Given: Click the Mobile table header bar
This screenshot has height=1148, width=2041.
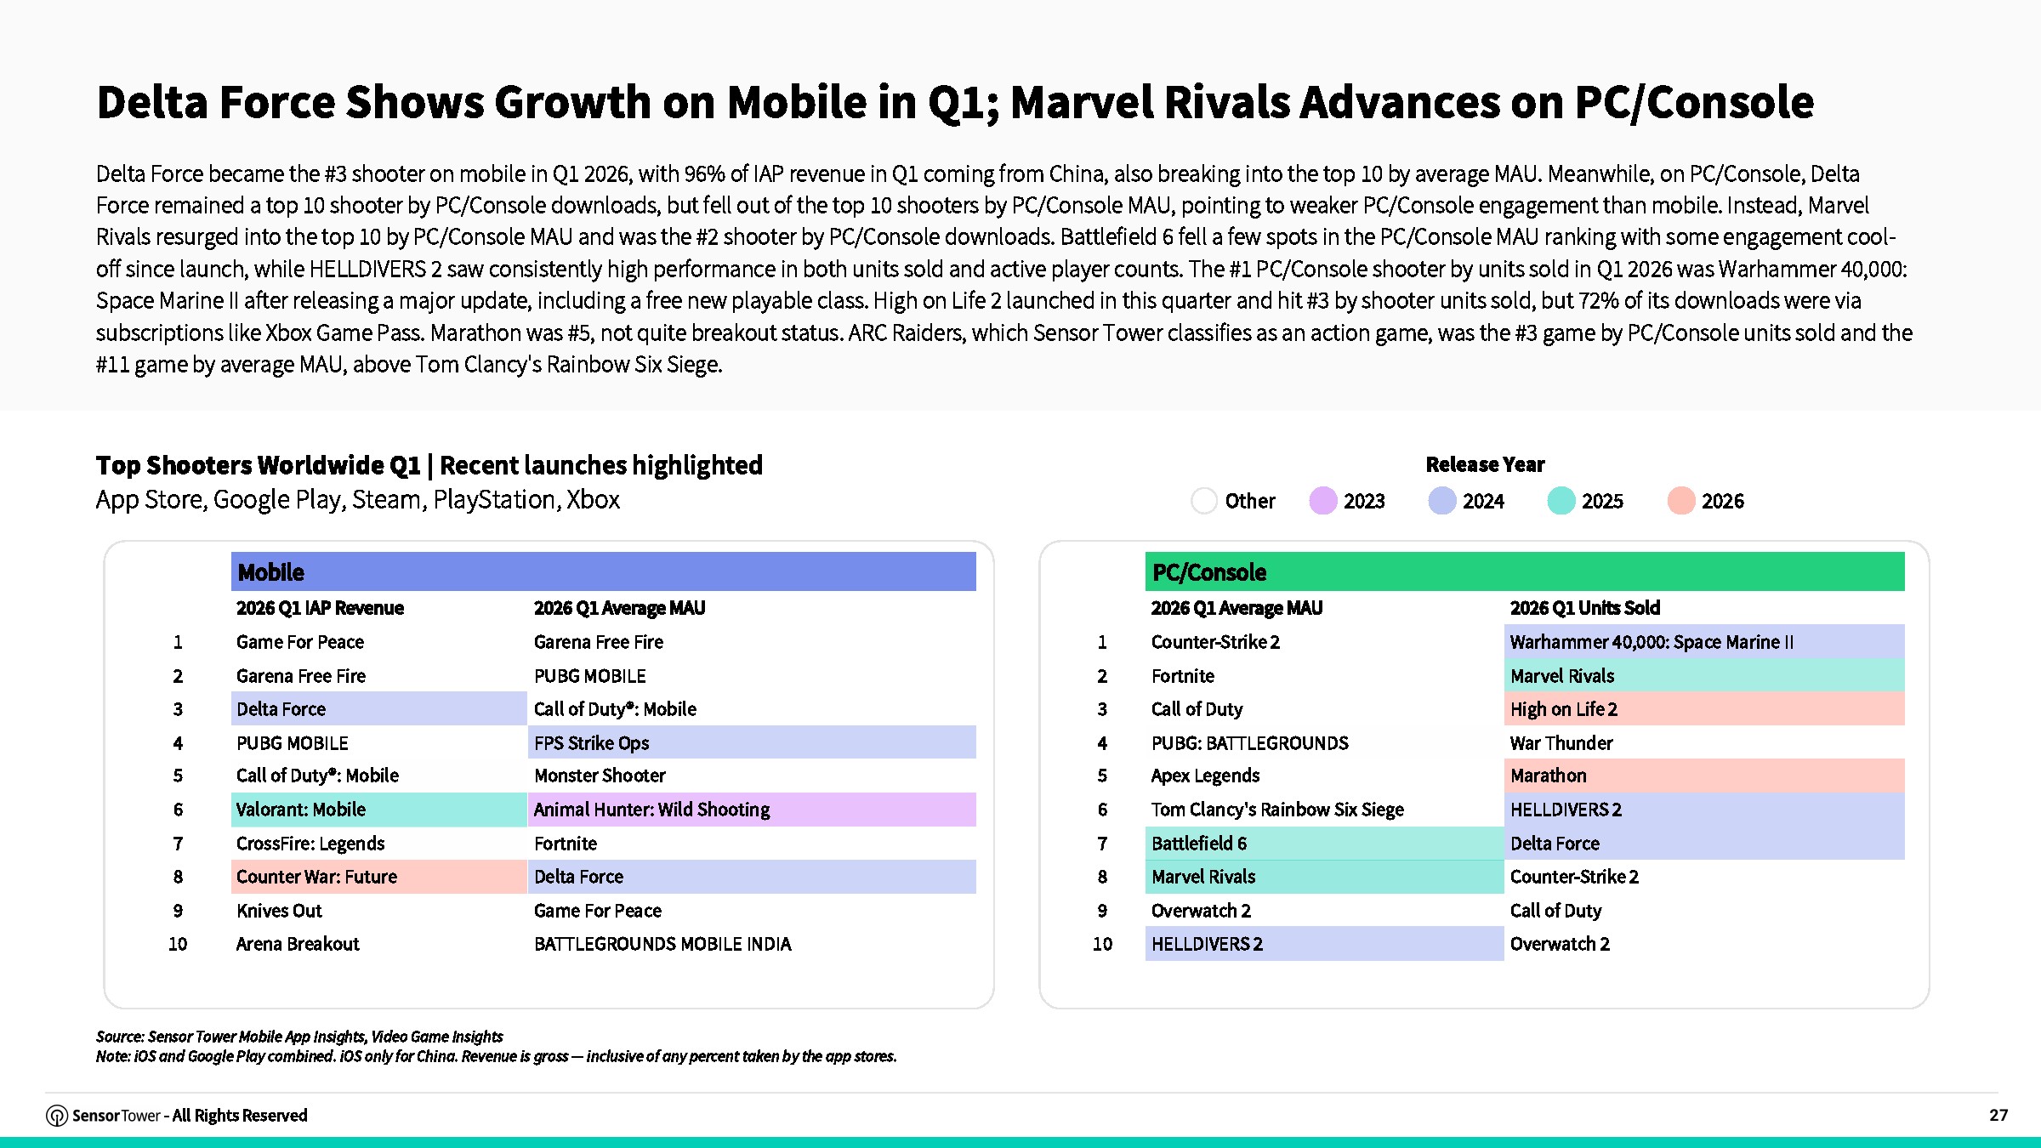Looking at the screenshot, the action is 603,571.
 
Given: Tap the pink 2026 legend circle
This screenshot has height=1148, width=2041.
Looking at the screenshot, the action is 1681,501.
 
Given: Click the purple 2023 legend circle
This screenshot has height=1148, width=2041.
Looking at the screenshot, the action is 1323,501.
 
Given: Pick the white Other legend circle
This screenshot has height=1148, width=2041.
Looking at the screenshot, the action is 1204,501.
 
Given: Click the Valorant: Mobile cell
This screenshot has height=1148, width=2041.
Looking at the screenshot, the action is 379,810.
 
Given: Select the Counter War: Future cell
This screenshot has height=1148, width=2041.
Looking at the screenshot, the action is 379,877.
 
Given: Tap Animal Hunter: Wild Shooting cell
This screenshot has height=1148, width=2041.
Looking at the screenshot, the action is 752,810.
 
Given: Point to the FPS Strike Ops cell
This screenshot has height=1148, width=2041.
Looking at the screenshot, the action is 752,742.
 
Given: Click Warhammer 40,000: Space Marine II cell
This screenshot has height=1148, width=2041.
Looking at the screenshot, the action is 1704,642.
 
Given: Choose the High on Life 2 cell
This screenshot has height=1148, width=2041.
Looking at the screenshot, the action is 1704,709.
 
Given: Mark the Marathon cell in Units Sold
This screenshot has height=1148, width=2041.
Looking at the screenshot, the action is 1704,776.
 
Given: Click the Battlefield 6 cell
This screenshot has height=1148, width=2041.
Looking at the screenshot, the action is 1325,844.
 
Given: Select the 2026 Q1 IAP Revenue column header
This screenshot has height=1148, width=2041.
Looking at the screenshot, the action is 320,608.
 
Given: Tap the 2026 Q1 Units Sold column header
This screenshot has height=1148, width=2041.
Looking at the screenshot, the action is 1585,608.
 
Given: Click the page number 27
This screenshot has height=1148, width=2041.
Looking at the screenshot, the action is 1998,1115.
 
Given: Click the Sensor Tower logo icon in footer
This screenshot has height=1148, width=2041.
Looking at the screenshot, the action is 57,1116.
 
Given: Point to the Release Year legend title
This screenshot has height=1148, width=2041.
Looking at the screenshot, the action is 1485,464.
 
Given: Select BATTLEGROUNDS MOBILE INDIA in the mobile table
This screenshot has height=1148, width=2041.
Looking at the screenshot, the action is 662,944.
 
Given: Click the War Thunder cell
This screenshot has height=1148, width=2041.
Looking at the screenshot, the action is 1561,743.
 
